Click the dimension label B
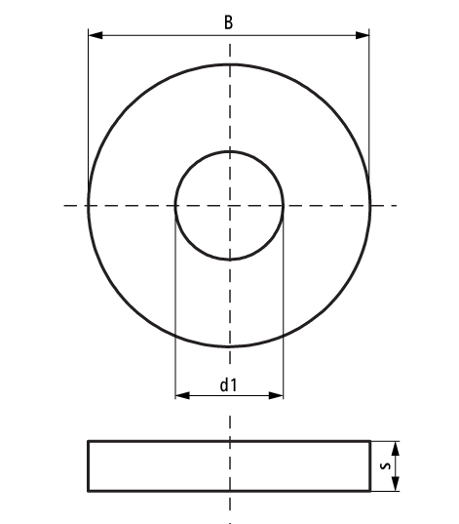pos(228,21)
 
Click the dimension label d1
pos(228,385)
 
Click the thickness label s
pos(386,467)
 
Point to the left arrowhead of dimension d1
pos(180,396)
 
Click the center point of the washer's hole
pos(229,205)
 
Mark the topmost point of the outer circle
pos(229,63)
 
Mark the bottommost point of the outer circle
pos(229,346)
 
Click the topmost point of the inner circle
pos(229,151)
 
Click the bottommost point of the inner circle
pos(229,260)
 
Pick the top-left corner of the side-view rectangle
pos(89,441)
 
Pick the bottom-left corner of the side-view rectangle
pos(89,491)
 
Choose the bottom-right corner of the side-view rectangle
pos(370,491)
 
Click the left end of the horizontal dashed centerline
pos(63,205)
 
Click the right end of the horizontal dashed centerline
pos(397,205)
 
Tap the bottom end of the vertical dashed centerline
pos(229,511)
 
